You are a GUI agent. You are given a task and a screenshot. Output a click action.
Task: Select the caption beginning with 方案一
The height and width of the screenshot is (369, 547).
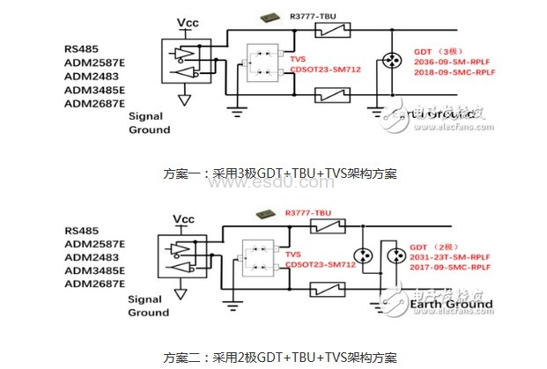(x=273, y=173)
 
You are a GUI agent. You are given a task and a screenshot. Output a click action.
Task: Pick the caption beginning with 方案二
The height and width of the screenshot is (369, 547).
(x=273, y=358)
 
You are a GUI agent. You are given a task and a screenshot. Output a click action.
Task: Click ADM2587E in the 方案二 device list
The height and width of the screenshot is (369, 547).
(x=94, y=242)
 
